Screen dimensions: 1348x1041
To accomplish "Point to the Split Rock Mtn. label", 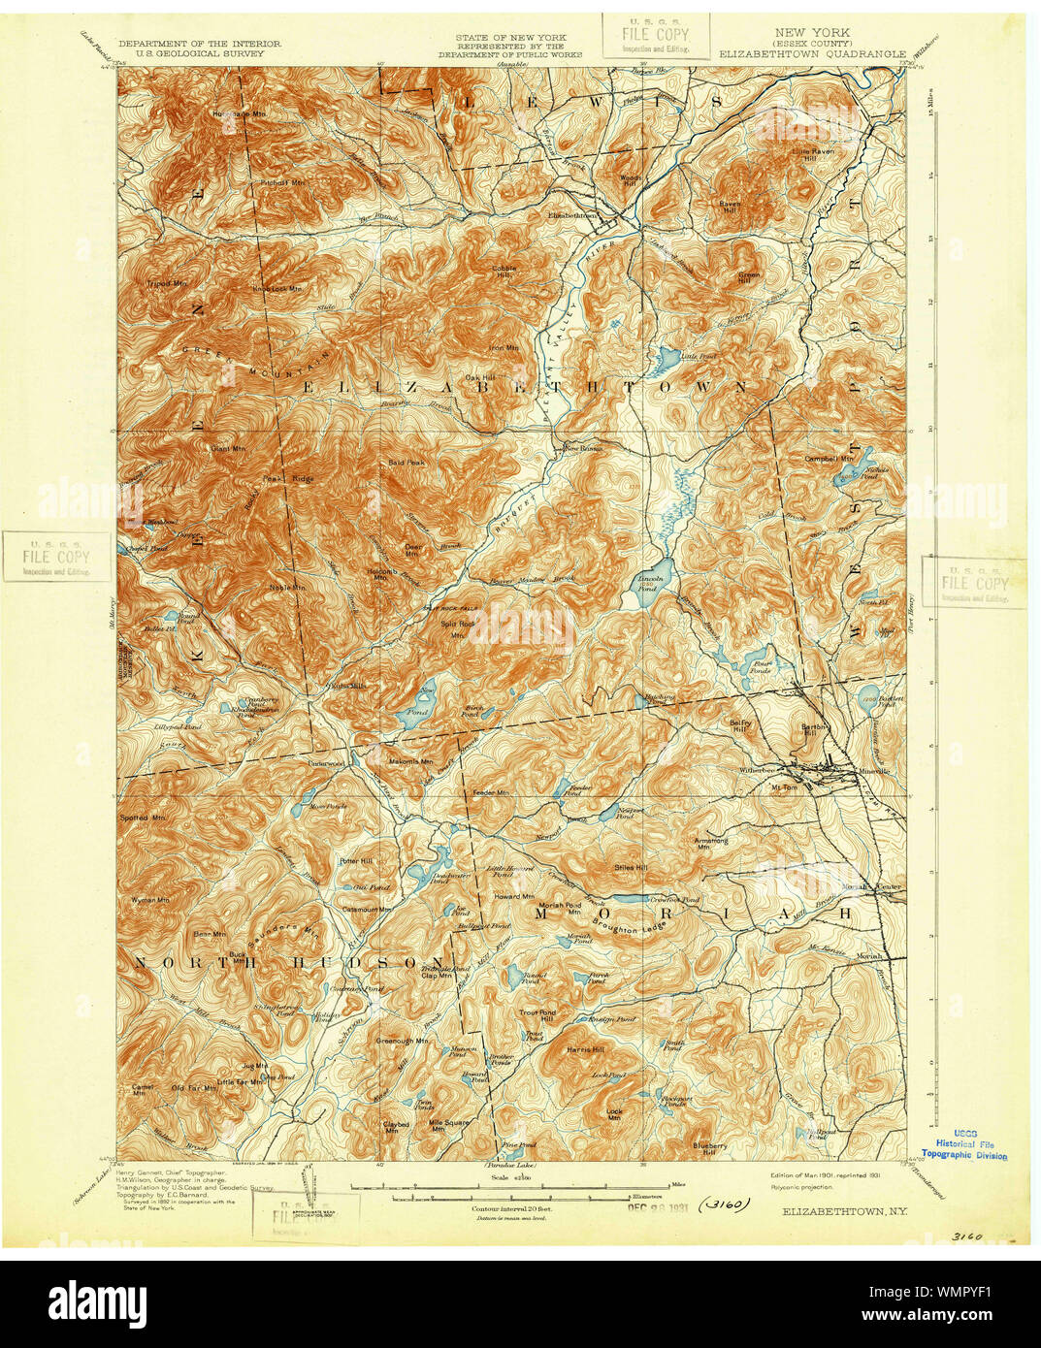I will (x=458, y=626).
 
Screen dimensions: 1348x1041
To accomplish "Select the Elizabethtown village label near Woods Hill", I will (x=572, y=215).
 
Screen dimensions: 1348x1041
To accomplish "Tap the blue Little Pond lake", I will (x=667, y=361).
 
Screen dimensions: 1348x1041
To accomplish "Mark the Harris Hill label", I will (x=586, y=1049).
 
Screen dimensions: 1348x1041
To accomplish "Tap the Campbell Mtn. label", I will (x=829, y=458).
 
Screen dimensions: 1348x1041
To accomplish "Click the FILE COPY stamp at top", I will (x=656, y=35).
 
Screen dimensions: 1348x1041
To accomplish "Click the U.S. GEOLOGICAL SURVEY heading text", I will (x=200, y=55).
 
